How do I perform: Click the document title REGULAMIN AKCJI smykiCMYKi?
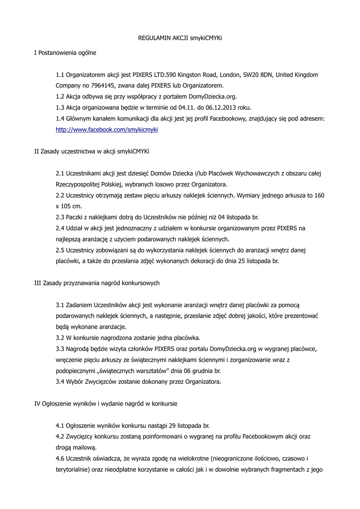point(180,38)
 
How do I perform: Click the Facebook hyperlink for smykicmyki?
point(106,129)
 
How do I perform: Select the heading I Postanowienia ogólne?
point(65,52)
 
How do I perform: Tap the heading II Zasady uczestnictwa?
point(91,151)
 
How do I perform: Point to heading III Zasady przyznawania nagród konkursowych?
point(96,283)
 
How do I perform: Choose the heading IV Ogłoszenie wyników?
point(105,404)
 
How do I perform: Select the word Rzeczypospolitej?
point(79,184)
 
